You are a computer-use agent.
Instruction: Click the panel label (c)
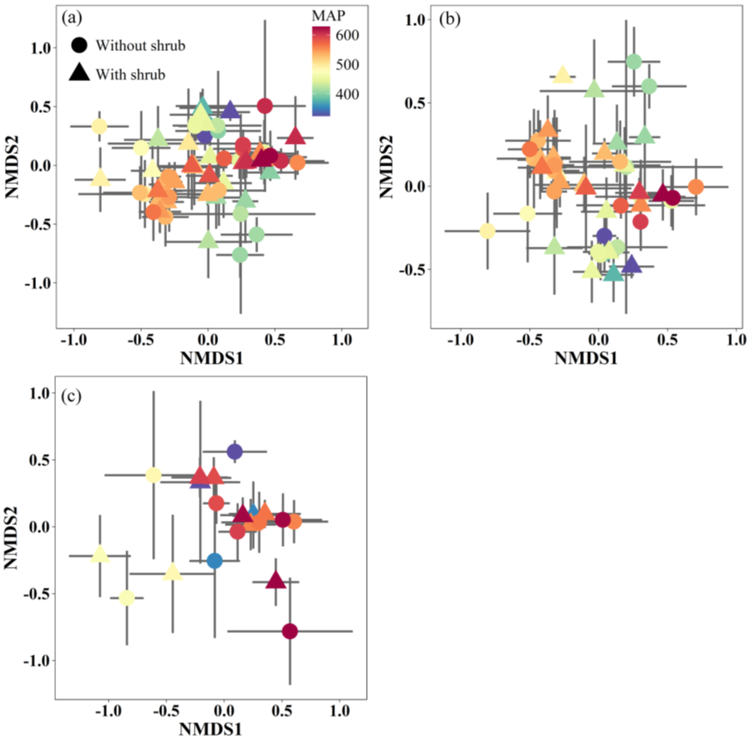coord(71,395)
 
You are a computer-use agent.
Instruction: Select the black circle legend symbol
coord(79,44)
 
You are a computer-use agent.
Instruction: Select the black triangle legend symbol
coord(79,74)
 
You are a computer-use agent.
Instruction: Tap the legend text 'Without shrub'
coord(139,45)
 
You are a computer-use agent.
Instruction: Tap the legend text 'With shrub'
coord(130,74)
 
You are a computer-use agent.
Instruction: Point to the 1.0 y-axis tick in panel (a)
coord(38,48)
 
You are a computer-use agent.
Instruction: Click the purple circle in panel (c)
coord(235,452)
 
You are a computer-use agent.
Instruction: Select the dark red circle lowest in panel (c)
coord(290,631)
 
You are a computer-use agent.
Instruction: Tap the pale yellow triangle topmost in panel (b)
coord(562,75)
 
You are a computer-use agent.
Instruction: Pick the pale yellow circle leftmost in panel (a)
coord(99,126)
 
